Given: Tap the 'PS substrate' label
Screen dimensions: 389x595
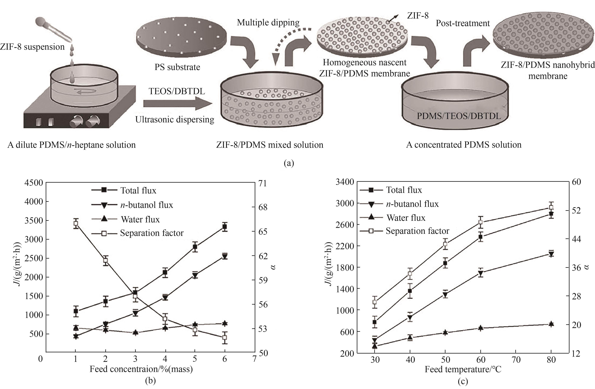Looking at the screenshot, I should coord(177,67).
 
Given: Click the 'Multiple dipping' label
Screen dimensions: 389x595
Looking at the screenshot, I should coord(268,23).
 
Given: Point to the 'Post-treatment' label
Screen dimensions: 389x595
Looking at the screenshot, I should coord(463,23).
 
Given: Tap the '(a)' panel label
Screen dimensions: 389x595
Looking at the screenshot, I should coord(289,163).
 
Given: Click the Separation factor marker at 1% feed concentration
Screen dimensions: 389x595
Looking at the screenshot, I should coord(76,223).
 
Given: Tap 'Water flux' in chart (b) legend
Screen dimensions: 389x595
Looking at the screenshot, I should coord(140,219).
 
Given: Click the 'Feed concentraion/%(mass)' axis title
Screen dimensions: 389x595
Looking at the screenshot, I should coord(141,369).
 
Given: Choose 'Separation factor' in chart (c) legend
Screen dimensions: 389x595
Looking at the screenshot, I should coord(417,231).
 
